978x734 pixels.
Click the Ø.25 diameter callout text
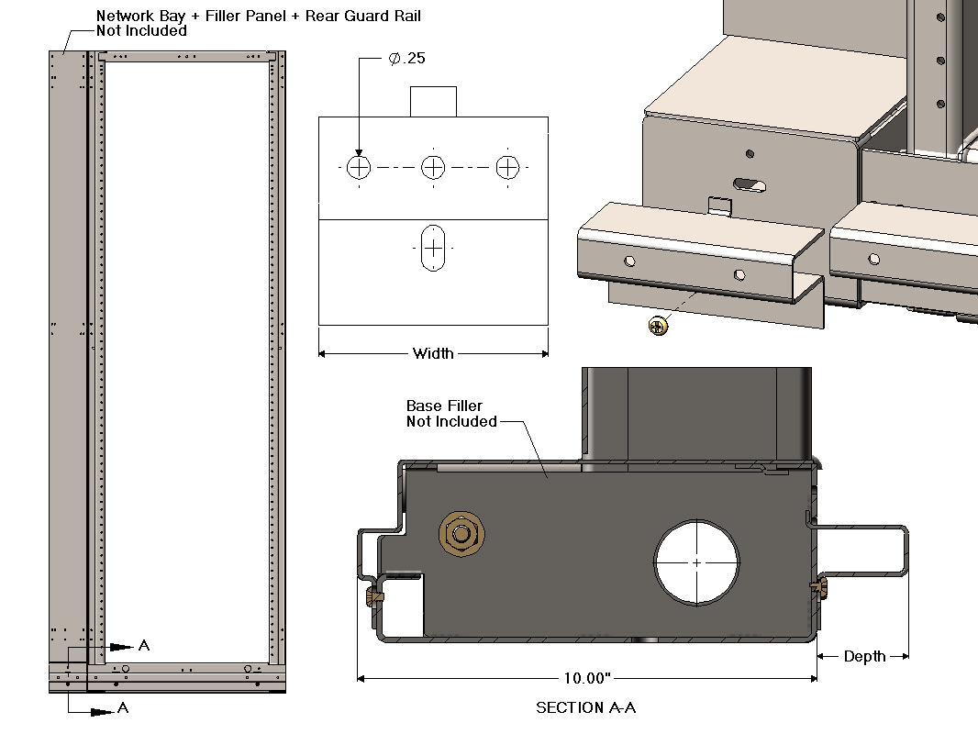point(406,59)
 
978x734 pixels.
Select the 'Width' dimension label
point(433,353)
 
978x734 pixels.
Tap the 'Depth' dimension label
point(864,656)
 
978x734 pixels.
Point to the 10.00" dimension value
point(587,679)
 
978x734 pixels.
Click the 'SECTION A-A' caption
point(586,708)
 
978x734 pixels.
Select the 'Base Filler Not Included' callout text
point(450,414)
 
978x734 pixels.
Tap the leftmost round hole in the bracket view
point(359,167)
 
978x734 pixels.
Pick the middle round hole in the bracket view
point(433,167)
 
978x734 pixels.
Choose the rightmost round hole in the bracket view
point(507,167)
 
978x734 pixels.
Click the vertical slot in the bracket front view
point(432,248)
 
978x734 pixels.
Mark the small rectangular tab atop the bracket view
point(432,101)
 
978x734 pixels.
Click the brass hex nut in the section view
point(461,534)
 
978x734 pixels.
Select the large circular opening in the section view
point(696,562)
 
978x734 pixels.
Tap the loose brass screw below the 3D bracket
point(657,325)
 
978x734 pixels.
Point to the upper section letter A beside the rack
point(144,645)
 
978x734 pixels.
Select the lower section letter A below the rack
point(122,708)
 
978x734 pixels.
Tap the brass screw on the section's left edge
point(372,597)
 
